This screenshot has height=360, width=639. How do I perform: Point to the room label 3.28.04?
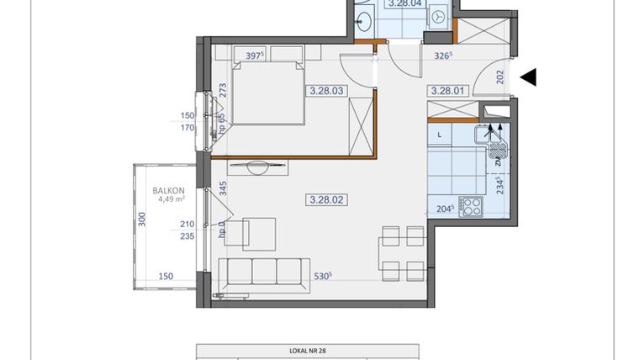[404, 4]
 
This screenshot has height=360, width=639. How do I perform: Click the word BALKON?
[168, 191]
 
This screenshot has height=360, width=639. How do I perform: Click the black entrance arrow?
[528, 78]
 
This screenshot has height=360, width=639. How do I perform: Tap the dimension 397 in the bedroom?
[255, 56]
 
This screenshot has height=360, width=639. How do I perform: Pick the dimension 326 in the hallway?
[442, 56]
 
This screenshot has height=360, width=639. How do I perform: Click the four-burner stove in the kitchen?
[471, 205]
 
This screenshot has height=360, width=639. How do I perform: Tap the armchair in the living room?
[259, 233]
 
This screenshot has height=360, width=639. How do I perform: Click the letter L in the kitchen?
[440, 134]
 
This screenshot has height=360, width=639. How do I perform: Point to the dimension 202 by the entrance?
[499, 77]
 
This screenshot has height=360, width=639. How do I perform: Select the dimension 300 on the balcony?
[142, 220]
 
